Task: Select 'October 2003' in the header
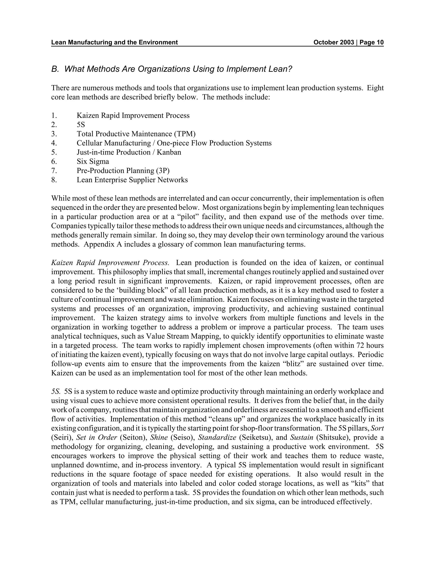tap(334, 42)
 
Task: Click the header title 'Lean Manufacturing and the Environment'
tap(114, 42)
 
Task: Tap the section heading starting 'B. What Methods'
tap(172, 69)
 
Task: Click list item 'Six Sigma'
tap(93, 161)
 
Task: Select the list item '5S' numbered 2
tap(81, 124)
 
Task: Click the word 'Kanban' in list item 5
tap(169, 152)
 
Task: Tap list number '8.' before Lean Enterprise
tap(54, 180)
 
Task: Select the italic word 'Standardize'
tap(217, 438)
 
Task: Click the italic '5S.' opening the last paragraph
tap(56, 391)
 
